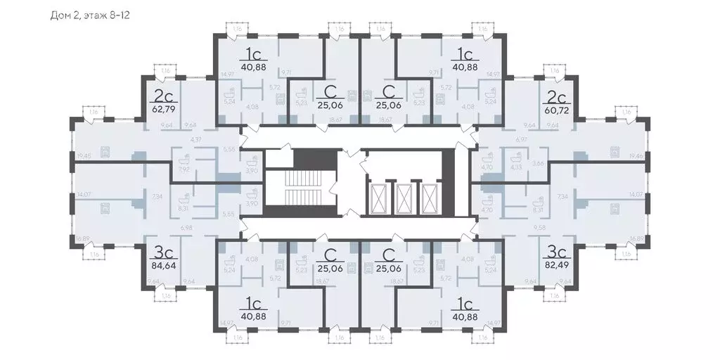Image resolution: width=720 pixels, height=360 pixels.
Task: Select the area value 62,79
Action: (x=163, y=109)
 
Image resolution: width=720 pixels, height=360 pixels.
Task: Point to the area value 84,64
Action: (x=163, y=265)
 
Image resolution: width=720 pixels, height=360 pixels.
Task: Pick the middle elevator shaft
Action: (x=404, y=198)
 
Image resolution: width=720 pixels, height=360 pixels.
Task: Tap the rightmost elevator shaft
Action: (x=430, y=198)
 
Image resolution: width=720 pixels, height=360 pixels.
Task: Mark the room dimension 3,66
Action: (x=539, y=163)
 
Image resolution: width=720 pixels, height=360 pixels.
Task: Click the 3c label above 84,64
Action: (x=163, y=251)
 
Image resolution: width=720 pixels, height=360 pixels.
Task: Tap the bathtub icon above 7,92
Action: (x=186, y=158)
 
